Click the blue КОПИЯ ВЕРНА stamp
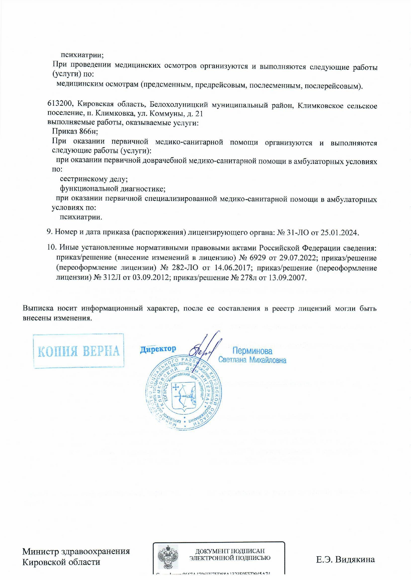(78, 351)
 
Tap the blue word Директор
(158, 349)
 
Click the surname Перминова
(252, 351)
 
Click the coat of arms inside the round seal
(184, 396)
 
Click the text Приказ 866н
(75, 131)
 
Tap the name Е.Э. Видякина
(345, 560)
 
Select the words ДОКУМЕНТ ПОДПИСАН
(230, 551)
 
